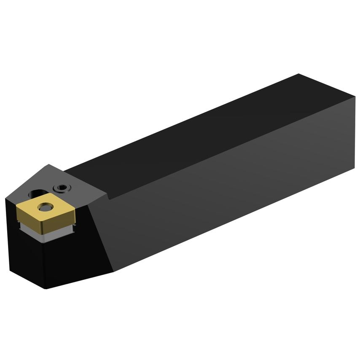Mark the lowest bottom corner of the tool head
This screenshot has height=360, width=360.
click(x=46, y=289)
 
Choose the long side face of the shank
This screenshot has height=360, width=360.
click(x=232, y=190)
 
